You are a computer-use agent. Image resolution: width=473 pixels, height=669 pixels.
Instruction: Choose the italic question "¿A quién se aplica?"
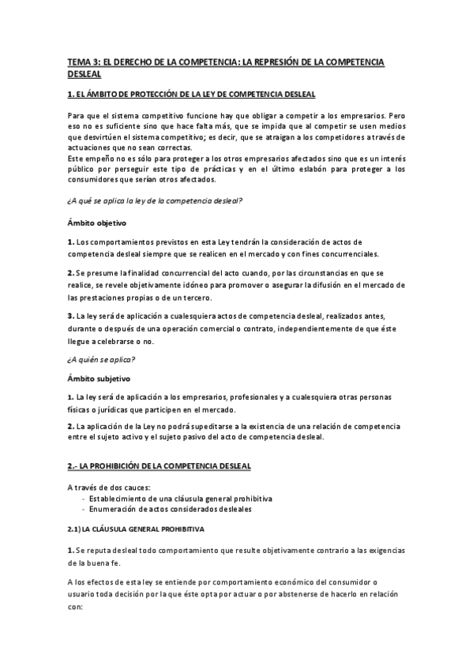pyautogui.click(x=101, y=359)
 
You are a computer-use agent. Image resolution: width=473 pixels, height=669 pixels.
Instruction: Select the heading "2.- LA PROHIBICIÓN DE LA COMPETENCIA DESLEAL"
pyautogui.click(x=160, y=467)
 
